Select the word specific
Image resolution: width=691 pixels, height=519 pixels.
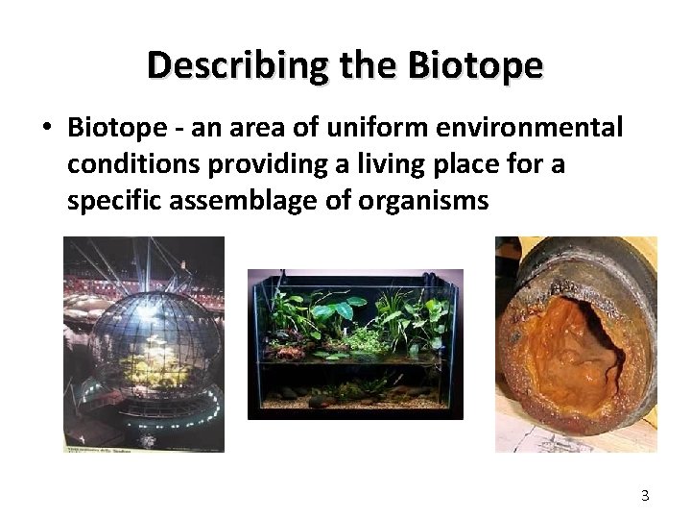pos(110,202)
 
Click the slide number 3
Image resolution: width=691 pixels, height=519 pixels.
pos(645,496)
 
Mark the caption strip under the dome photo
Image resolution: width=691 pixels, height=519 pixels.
pos(144,447)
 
